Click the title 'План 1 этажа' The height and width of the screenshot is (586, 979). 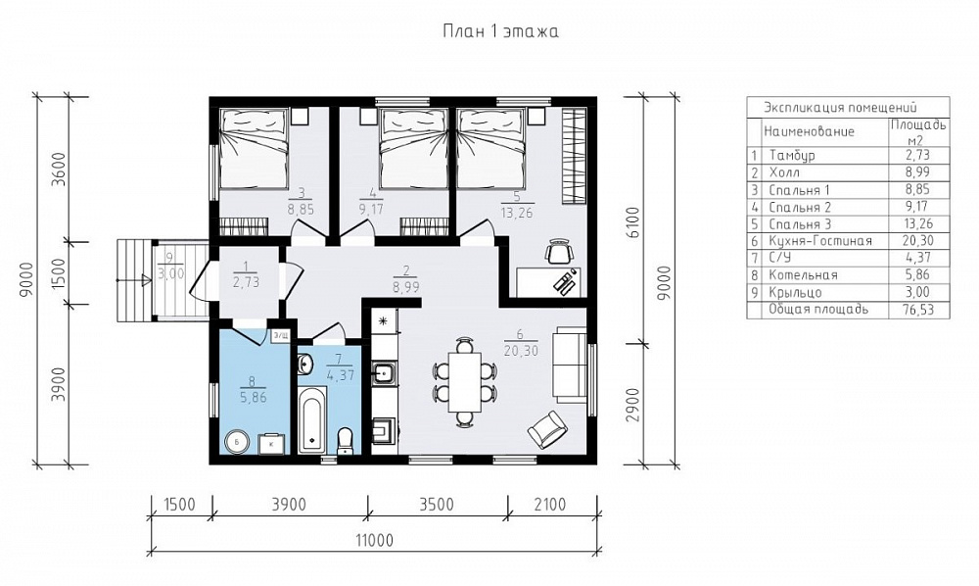pyautogui.click(x=500, y=31)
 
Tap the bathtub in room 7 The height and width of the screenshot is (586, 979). pyautogui.click(x=312, y=419)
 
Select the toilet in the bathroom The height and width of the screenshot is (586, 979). pyautogui.click(x=344, y=441)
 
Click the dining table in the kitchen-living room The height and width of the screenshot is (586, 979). pyautogui.click(x=464, y=380)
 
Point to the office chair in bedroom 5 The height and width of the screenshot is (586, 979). pyautogui.click(x=560, y=251)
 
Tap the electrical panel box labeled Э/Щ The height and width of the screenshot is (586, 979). pyautogui.click(x=280, y=336)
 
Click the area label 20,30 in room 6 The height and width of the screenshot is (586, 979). pyautogui.click(x=518, y=351)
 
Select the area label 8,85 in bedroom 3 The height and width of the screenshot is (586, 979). pyautogui.click(x=301, y=210)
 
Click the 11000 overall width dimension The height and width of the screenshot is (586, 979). pyautogui.click(x=374, y=539)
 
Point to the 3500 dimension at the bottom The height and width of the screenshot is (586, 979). pyautogui.click(x=437, y=503)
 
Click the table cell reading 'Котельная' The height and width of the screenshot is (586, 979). pyautogui.click(x=803, y=275)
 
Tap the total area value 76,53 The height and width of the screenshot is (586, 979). pyautogui.click(x=916, y=310)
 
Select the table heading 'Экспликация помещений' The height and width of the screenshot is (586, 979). pyautogui.click(x=840, y=107)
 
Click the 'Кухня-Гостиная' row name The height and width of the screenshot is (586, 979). pyautogui.click(x=819, y=240)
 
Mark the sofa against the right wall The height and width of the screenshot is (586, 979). pyautogui.click(x=570, y=365)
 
